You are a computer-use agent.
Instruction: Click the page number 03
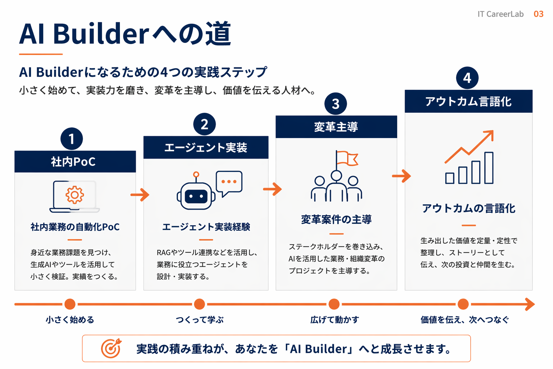[x=538, y=14]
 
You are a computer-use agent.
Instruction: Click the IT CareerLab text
[x=500, y=14]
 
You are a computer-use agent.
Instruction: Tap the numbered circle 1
[x=72, y=139]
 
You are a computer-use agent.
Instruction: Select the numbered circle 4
[x=467, y=78]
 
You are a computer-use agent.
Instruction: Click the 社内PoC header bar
[x=75, y=162]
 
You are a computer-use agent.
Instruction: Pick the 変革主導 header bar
[x=336, y=127]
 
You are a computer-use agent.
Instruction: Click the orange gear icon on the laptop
[x=75, y=195]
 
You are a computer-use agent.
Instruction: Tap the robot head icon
[x=196, y=196]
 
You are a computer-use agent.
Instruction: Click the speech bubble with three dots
[x=229, y=182]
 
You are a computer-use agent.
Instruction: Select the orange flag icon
[x=347, y=158]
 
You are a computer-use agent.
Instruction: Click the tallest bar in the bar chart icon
[x=489, y=168]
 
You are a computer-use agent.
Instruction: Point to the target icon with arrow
[x=111, y=348]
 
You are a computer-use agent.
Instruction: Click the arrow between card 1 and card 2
[x=140, y=195]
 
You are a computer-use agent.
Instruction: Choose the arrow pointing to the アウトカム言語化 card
[x=401, y=176]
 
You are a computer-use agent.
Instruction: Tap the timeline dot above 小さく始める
[x=70, y=304]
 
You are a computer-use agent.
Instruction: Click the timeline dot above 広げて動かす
[x=334, y=304]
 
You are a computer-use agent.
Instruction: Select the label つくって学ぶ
[x=199, y=320]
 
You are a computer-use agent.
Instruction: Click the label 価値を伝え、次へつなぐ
[x=464, y=320]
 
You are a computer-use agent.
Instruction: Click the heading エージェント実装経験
[x=206, y=227]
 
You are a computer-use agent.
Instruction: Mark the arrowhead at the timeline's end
[x=530, y=304]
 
